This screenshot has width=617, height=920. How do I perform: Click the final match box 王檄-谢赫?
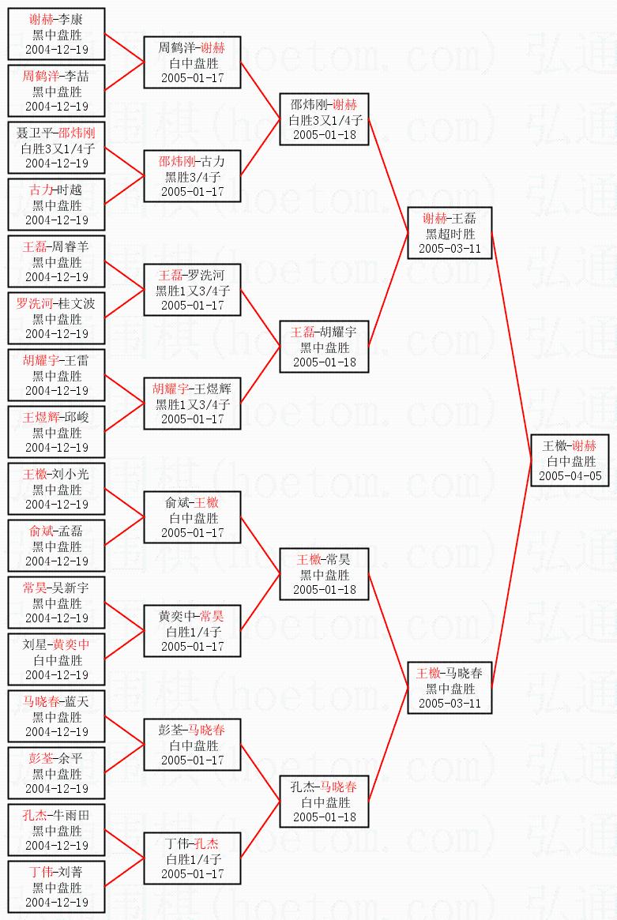[x=570, y=460]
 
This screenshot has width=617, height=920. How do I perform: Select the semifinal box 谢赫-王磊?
[x=450, y=233]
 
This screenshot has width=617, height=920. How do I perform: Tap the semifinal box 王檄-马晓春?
[x=450, y=688]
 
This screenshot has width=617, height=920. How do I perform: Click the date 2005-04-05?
[x=570, y=476]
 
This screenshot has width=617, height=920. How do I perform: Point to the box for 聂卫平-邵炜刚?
[x=56, y=148]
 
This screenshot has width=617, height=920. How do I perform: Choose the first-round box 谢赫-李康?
[x=56, y=34]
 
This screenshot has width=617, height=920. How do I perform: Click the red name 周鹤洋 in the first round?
[x=41, y=76]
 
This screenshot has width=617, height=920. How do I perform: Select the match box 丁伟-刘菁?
[x=56, y=887]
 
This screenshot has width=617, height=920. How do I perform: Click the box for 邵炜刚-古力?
[x=193, y=176]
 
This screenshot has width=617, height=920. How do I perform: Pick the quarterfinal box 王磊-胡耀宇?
[x=324, y=347]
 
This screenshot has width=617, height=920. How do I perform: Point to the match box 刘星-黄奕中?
[x=56, y=659]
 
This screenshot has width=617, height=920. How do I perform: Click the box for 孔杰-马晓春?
[x=324, y=802]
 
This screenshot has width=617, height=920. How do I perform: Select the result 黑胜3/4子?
[x=193, y=177]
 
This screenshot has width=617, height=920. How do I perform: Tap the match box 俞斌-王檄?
[x=193, y=517]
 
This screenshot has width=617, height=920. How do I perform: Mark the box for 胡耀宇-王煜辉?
[x=193, y=404]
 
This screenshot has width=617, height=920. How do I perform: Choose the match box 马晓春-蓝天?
[x=56, y=715]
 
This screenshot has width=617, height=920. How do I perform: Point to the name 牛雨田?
[x=70, y=815]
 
